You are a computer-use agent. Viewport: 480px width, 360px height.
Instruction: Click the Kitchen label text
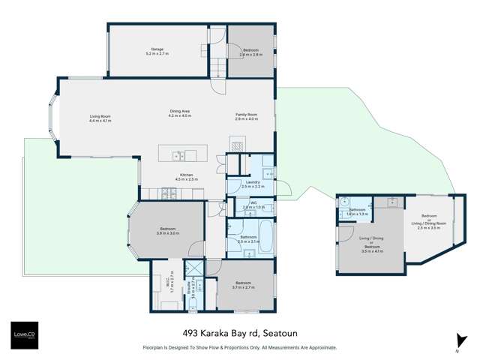[185, 177]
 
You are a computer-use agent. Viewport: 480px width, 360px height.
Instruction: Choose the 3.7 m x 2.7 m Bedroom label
[244, 285]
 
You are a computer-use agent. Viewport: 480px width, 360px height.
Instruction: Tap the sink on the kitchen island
[178, 156]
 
